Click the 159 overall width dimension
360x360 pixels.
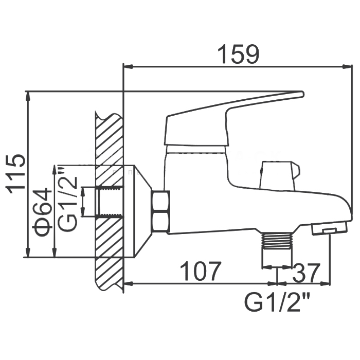coord(238,55)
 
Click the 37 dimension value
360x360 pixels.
coord(307,271)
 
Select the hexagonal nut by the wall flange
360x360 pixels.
coord(161,211)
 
